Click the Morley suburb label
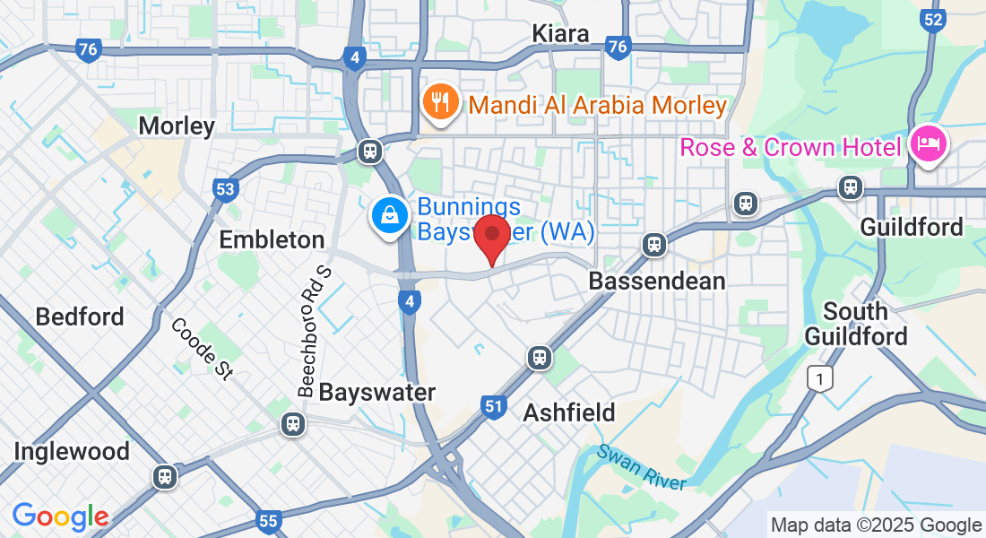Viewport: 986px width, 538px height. [177, 126]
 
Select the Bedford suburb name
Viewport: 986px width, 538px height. [80, 317]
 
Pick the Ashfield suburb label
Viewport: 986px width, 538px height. [569, 412]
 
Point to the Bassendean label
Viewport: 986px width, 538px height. [656, 282]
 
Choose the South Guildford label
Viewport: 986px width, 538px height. [856, 324]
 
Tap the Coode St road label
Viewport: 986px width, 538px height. [201, 349]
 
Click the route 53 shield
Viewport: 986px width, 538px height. [225, 189]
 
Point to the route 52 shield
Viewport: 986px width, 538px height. [934, 19]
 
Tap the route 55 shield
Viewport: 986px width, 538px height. [268, 520]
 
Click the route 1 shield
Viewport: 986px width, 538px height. [817, 378]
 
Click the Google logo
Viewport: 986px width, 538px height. [60, 516]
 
